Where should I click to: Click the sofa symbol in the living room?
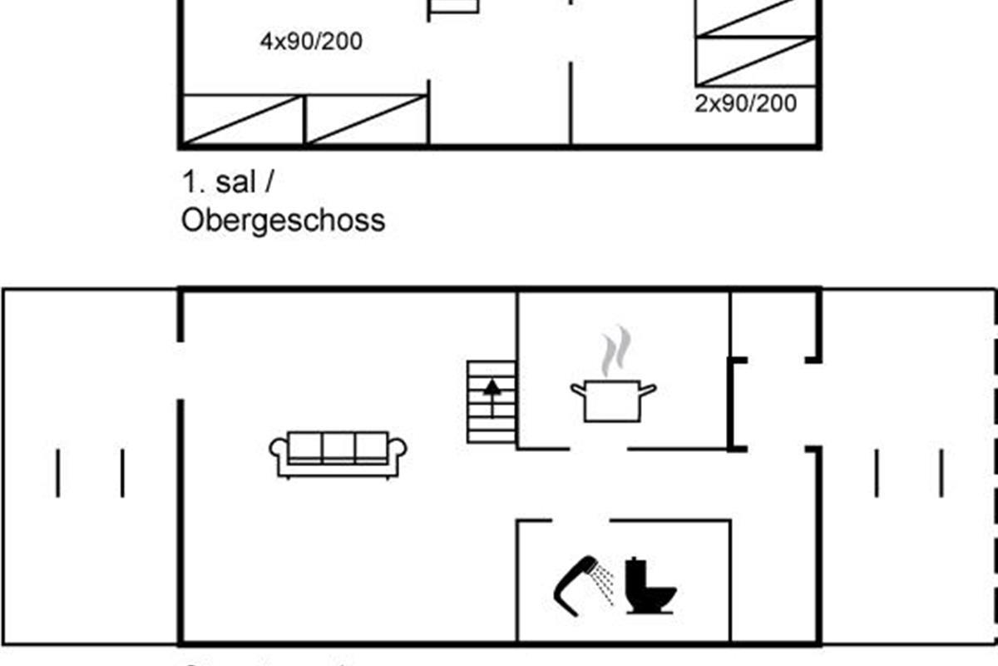point(338,454)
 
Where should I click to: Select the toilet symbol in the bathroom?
point(650,587)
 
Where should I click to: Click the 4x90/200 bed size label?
point(311,42)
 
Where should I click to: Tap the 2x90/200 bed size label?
point(745,104)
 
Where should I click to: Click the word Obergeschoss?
point(283,221)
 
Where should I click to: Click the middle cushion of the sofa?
point(338,447)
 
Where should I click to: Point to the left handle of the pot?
point(579,389)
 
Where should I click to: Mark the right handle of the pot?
point(648,389)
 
